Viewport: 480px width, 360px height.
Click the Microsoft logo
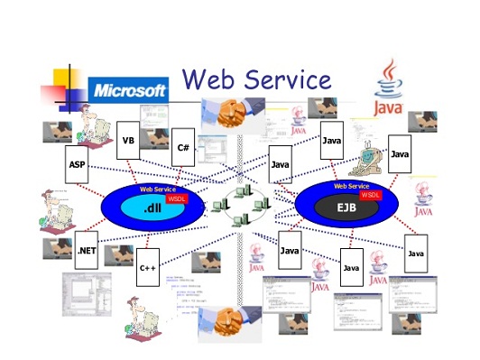(x=130, y=90)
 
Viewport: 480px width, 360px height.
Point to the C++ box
(x=148, y=267)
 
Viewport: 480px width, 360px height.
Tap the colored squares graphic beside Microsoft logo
(x=66, y=86)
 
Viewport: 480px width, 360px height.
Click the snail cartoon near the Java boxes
(x=370, y=157)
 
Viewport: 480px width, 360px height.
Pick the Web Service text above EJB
(x=352, y=185)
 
